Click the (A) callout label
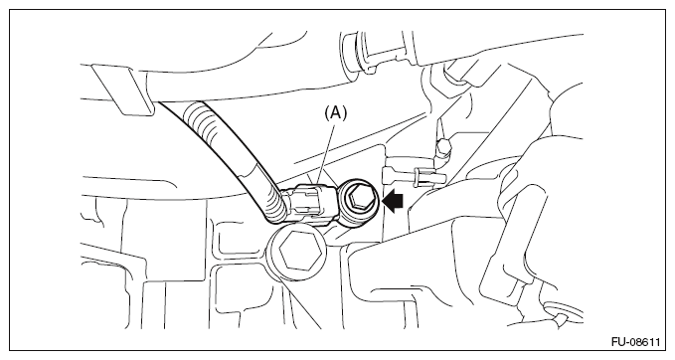click(335, 113)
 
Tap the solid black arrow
click(393, 203)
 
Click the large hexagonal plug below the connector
click(297, 251)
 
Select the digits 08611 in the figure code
click(644, 342)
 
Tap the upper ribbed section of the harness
click(204, 121)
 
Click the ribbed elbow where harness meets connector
click(275, 208)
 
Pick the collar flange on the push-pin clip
click(417, 178)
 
